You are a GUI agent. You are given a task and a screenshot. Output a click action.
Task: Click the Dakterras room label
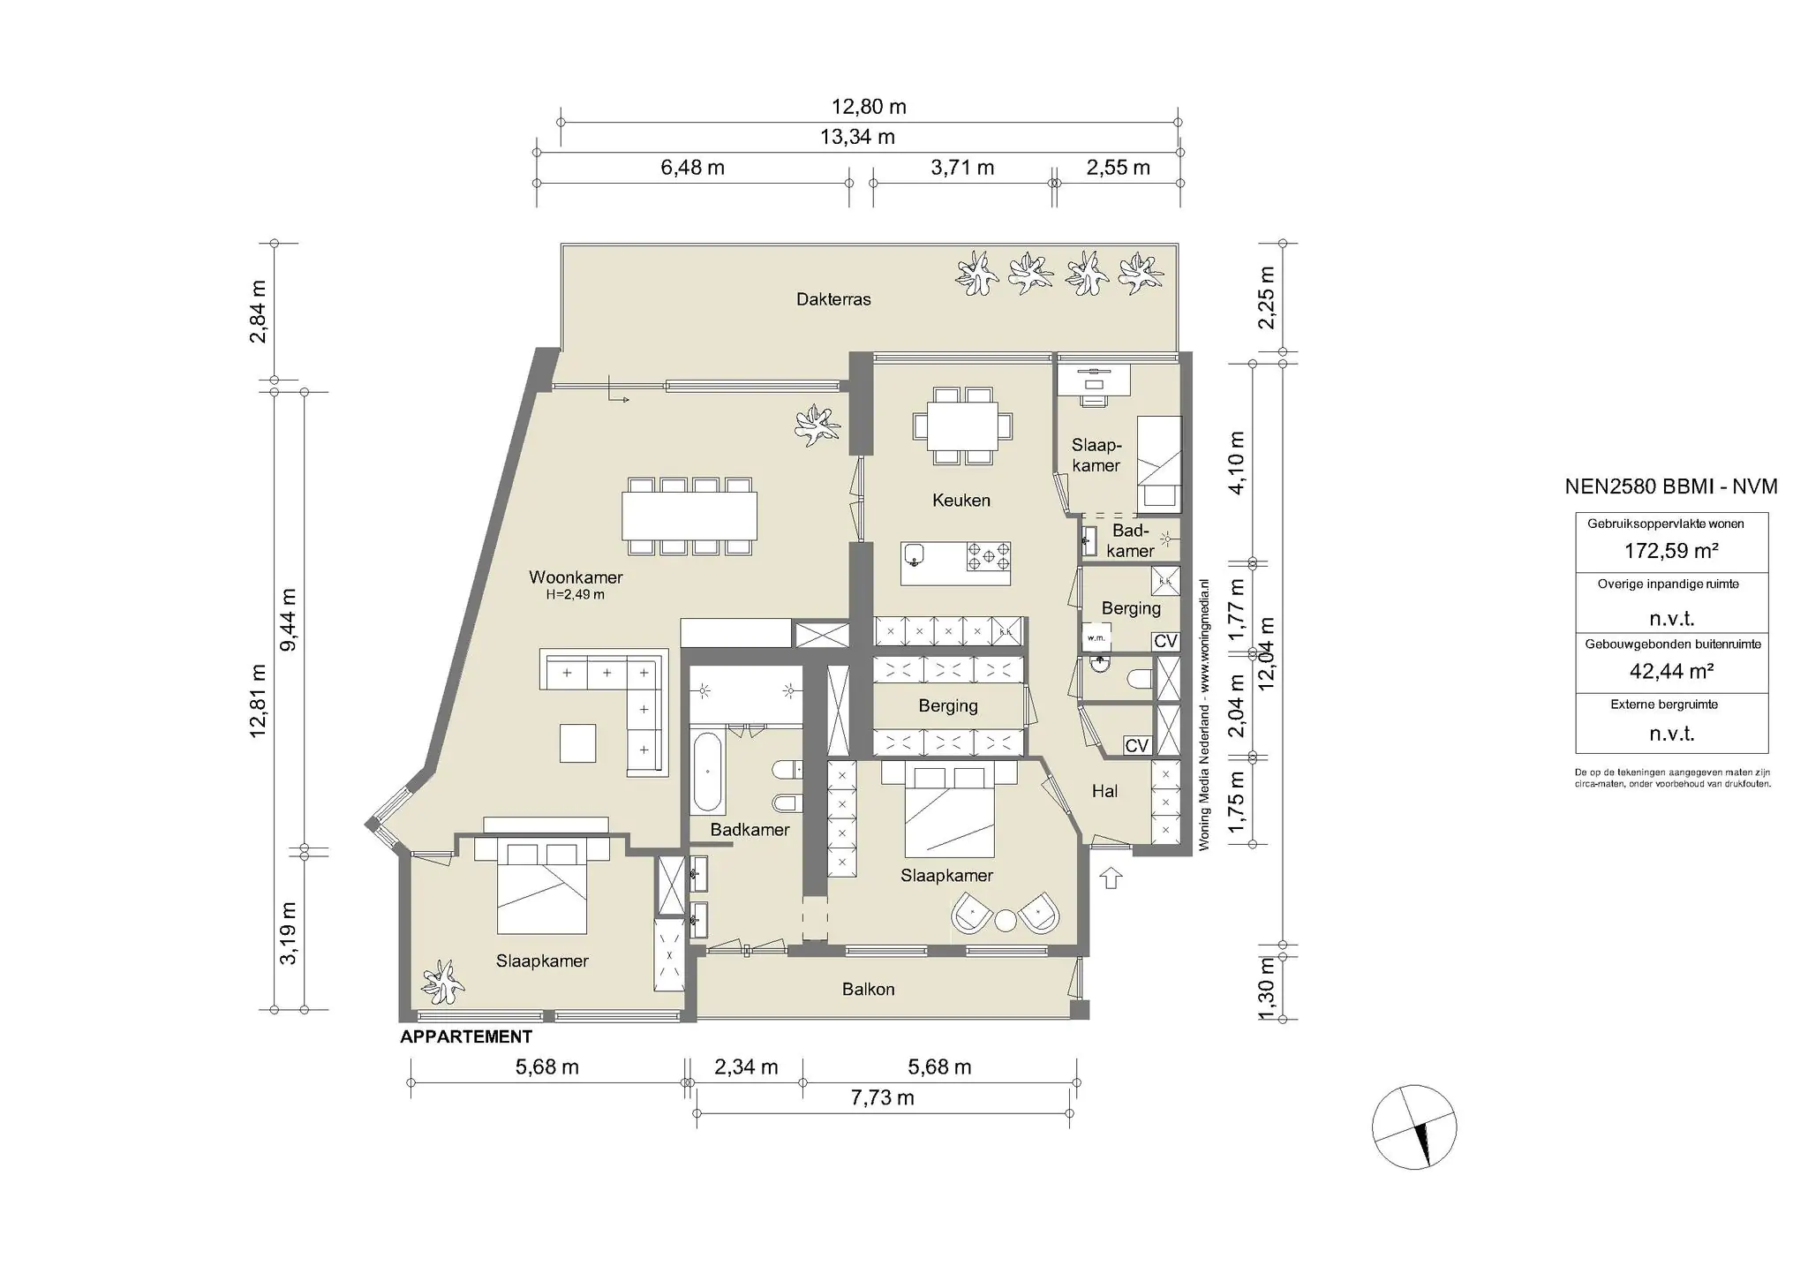[833, 299]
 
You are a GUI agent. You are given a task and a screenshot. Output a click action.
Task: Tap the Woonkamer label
[576, 577]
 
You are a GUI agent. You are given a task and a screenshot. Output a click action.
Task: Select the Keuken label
[961, 501]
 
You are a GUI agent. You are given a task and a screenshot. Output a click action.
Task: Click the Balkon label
[868, 990]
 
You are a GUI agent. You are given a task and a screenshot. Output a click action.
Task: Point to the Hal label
[1104, 791]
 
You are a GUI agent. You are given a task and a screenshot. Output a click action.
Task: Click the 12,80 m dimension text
[869, 107]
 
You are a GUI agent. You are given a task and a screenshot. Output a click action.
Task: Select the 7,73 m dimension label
[882, 1097]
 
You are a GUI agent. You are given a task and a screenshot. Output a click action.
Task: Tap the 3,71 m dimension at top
[962, 168]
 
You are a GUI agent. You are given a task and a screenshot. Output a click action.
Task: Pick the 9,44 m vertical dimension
[288, 619]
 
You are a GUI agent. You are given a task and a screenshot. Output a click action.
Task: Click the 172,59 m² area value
[1671, 552]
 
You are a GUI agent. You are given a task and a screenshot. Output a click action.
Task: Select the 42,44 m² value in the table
[1671, 671]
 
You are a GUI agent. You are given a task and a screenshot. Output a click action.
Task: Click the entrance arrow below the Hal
[1111, 878]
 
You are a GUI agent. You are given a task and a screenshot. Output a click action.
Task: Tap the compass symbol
[1413, 1127]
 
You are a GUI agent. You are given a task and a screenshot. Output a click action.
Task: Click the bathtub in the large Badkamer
[708, 772]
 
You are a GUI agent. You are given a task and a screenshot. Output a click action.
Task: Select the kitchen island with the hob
[955, 563]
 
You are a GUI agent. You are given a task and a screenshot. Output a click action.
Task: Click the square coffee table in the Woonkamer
[577, 742]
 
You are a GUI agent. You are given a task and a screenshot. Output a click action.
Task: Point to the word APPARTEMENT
[466, 1036]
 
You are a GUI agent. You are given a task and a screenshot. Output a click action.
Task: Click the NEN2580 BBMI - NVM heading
[1671, 486]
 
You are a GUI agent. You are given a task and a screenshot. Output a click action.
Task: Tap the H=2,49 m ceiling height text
[576, 595]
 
